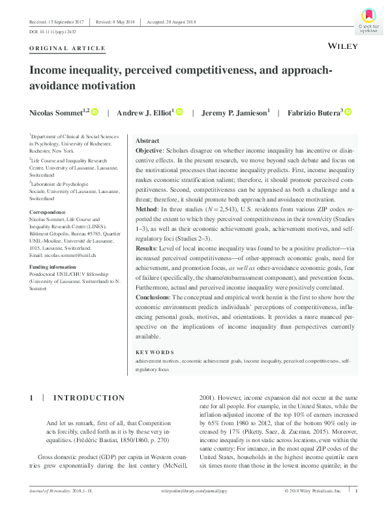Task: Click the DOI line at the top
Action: [x=53, y=31]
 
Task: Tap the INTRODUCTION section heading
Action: [x=88, y=398]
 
